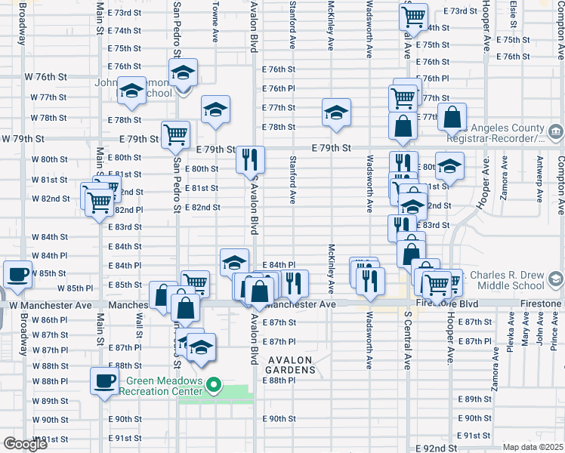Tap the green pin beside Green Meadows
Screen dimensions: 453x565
[214, 385]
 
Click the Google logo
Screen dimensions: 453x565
[25, 444]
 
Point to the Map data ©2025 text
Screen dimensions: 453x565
[533, 447]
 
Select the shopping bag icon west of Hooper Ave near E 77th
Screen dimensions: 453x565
[452, 118]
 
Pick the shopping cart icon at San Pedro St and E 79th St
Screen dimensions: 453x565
[175, 134]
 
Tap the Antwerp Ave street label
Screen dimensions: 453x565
[539, 181]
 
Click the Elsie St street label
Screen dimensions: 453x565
[514, 12]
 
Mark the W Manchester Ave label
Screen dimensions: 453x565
[50, 304]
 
